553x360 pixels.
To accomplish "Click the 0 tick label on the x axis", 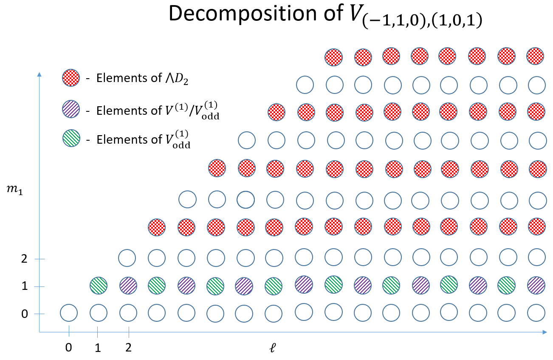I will click(68, 348).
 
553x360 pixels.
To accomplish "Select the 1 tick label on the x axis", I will click(98, 348).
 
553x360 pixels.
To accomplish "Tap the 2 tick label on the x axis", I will click(128, 348).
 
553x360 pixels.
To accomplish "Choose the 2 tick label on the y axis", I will click(25, 259).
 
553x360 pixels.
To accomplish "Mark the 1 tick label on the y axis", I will click(25, 286).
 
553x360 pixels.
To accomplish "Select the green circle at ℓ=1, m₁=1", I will click(98, 285).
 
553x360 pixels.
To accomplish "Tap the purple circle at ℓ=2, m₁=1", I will click(127, 285).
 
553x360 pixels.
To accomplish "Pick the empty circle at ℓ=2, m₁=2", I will click(127, 258).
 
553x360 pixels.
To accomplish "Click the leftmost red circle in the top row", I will click(333, 57).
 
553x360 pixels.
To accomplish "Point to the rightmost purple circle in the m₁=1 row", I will click(536, 285).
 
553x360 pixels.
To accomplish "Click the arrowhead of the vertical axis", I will click(39, 75).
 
